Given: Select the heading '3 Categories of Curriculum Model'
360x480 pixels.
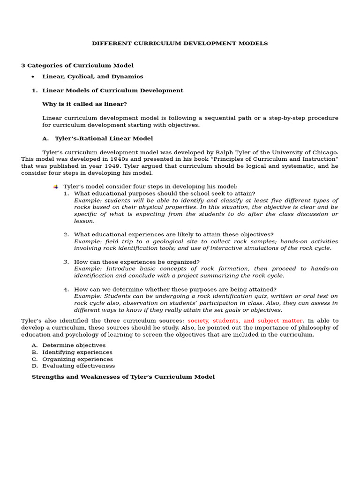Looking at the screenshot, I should (77, 66).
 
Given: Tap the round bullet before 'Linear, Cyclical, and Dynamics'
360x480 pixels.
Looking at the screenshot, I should (32, 77).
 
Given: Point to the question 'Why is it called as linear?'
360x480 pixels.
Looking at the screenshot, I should (84, 104).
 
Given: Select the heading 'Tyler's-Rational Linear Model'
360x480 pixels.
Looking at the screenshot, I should (104, 139).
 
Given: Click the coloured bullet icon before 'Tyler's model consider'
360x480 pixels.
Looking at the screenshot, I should (56, 187).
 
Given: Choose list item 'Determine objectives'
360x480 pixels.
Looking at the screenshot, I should (74, 345).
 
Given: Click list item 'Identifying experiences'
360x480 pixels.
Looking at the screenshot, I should (77, 352).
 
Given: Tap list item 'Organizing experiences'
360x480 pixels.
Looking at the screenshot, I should (77, 359).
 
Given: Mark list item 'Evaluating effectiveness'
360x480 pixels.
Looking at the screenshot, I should (78, 366).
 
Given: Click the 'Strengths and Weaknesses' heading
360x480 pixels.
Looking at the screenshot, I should (123, 377).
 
